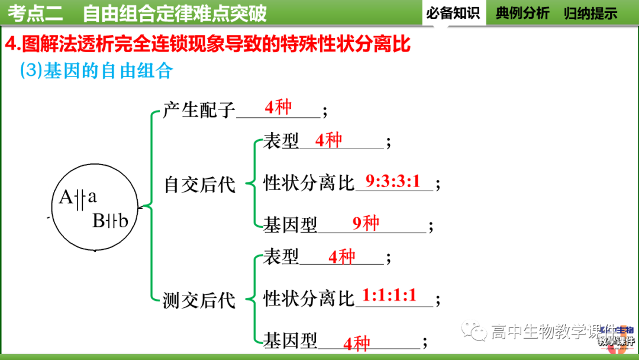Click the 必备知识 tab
pos(453,13)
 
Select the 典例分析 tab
pos(522,13)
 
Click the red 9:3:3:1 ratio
pos(392,181)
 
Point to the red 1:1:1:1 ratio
pos(389,295)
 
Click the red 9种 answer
pos(366,223)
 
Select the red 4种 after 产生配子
pos(278,107)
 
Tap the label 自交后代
pos(199,185)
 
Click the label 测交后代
pos(199,300)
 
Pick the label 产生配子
pos(199,110)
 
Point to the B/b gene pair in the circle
pos(110,221)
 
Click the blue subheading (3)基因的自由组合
pos(96,71)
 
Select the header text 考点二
pos(37,13)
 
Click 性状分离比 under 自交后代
pos(308,184)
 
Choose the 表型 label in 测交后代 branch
pos(281,257)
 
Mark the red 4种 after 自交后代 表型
pos(328,140)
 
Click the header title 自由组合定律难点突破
pos(175,13)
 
